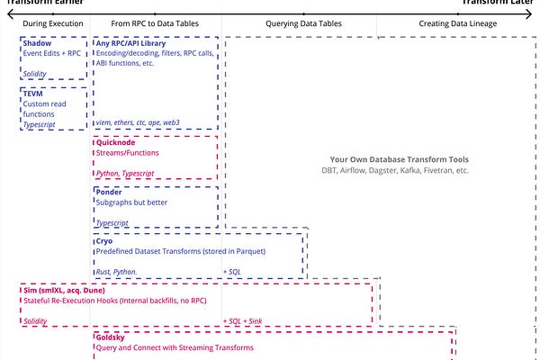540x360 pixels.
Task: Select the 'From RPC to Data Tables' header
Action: point(156,22)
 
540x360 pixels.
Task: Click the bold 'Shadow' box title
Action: point(38,42)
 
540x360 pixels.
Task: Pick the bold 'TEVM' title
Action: point(35,93)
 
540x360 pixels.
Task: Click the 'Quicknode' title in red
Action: point(119,142)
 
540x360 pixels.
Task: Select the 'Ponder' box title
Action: point(111,192)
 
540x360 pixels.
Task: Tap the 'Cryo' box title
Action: point(105,242)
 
